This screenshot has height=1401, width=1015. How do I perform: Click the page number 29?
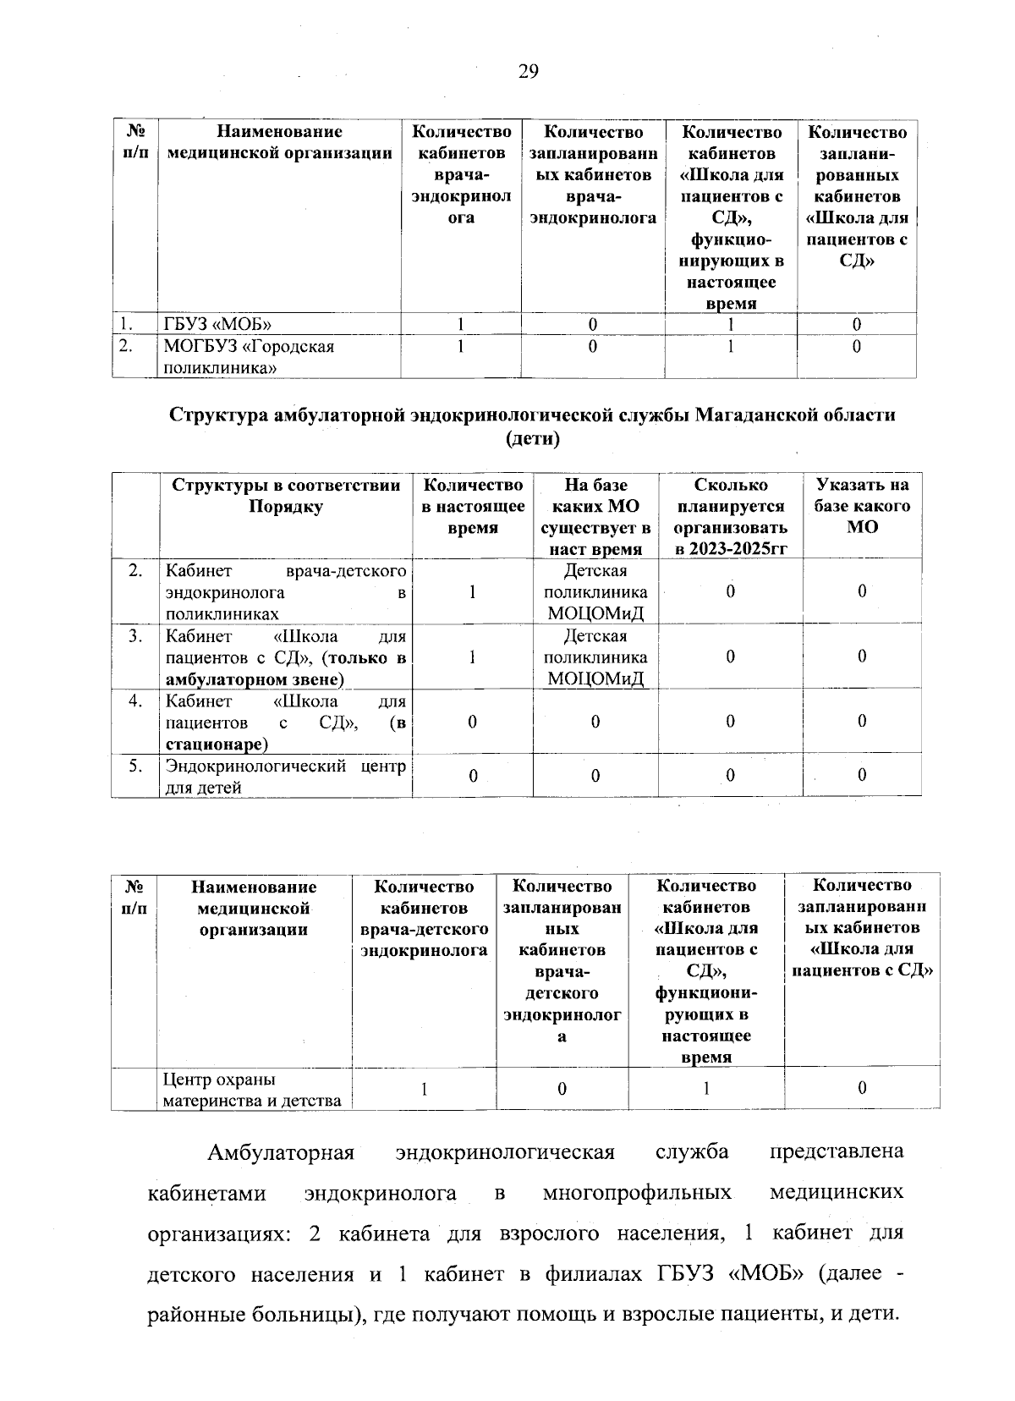click(x=527, y=71)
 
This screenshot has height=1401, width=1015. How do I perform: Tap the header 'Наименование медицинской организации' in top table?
click(x=279, y=142)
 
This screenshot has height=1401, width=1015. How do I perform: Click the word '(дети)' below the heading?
click(x=532, y=438)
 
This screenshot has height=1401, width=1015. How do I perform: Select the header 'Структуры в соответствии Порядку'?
click(x=286, y=496)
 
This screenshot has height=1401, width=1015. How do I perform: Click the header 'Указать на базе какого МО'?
click(x=861, y=506)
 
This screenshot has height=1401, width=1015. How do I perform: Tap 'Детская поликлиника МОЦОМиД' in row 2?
click(x=595, y=591)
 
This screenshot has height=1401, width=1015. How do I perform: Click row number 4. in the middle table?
click(x=134, y=700)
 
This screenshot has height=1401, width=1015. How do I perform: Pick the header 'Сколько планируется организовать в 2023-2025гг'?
click(x=730, y=517)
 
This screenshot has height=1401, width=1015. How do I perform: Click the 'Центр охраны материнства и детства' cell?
click(x=252, y=1090)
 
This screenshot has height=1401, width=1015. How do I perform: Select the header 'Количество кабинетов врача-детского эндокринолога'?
click(x=424, y=919)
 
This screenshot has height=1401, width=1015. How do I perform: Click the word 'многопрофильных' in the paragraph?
click(x=637, y=1193)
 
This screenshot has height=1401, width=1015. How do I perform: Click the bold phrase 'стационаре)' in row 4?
click(x=217, y=744)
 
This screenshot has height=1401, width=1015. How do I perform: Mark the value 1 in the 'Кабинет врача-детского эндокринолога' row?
click(x=472, y=592)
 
